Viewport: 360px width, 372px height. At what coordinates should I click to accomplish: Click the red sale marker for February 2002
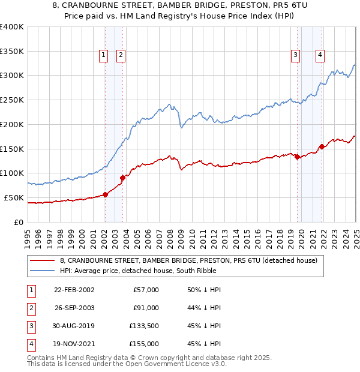pyautogui.click(x=105, y=194)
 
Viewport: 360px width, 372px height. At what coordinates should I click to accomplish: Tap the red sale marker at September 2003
pyautogui.click(x=122, y=177)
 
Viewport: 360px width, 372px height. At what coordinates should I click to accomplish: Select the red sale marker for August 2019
pyautogui.click(x=297, y=157)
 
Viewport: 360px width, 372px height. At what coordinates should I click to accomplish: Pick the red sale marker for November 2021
pyautogui.click(x=322, y=146)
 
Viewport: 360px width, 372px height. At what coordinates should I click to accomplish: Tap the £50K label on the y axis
pyautogui.click(x=13, y=197)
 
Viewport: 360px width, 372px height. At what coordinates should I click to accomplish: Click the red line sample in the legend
pyautogui.click(x=43, y=260)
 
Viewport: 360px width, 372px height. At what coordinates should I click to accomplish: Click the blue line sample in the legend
pyautogui.click(x=43, y=271)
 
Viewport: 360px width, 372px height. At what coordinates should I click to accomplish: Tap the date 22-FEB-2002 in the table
pyautogui.click(x=74, y=290)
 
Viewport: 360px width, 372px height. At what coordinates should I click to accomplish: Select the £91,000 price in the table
pyautogui.click(x=145, y=308)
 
